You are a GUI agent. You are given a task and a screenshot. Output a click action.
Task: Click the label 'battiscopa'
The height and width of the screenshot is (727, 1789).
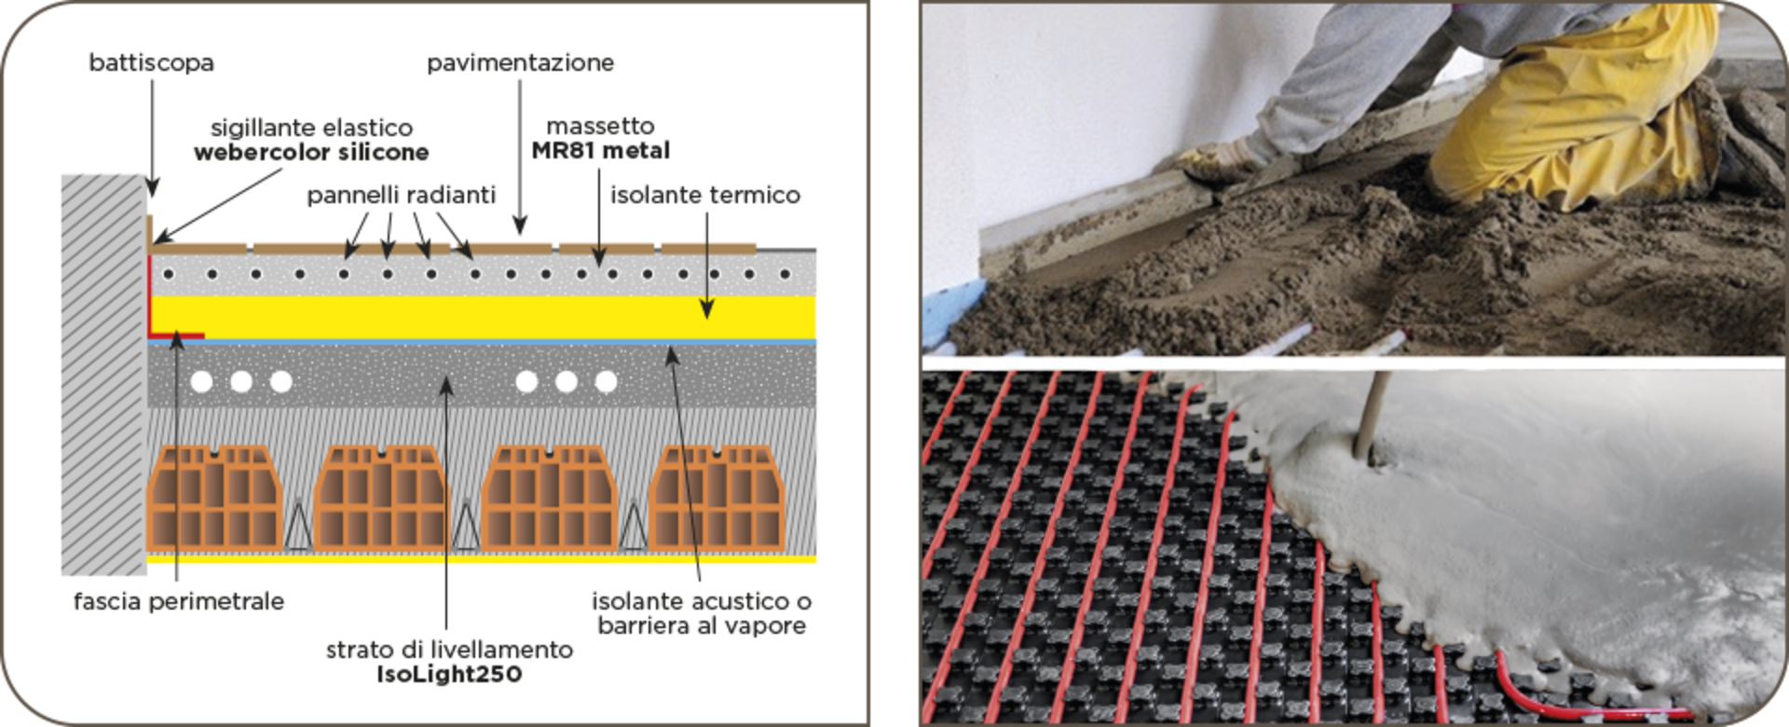(151, 62)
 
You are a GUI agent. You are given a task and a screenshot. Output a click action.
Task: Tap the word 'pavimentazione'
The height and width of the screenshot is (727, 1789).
(520, 62)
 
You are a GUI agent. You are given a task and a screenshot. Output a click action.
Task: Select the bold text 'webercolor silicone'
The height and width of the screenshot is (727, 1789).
(311, 152)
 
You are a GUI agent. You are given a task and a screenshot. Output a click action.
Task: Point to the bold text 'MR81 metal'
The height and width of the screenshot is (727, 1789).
(600, 150)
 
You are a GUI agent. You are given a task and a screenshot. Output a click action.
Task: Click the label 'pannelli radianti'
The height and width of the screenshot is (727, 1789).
(401, 195)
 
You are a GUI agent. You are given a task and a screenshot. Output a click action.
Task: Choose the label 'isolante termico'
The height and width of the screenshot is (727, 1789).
(704, 195)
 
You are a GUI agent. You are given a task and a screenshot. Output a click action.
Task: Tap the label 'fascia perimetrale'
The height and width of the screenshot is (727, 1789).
(179, 601)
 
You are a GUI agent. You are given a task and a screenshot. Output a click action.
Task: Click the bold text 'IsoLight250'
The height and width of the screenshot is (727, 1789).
(449, 674)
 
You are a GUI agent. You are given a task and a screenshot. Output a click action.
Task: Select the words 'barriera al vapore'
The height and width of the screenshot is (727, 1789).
(701, 625)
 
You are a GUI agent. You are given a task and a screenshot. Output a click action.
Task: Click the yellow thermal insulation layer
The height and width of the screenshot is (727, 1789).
(485, 317)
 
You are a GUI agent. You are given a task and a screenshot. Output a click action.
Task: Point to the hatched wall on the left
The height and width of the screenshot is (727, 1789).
(103, 373)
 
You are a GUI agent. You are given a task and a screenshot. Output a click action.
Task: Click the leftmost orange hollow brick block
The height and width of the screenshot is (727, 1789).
(214, 499)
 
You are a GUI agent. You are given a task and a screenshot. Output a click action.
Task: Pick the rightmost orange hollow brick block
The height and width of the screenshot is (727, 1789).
(717, 499)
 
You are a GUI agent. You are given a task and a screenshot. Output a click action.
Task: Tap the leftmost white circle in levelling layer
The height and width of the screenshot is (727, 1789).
(201, 381)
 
